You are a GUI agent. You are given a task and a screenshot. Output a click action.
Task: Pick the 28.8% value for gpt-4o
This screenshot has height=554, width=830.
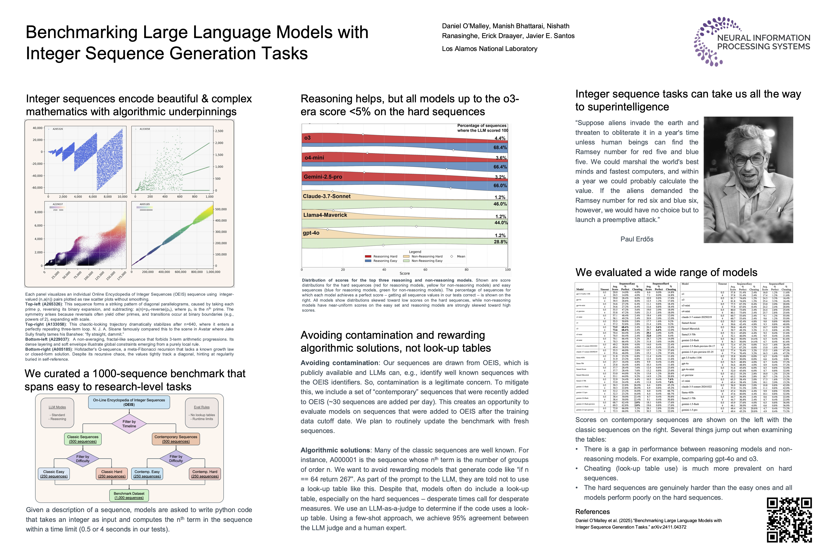500,242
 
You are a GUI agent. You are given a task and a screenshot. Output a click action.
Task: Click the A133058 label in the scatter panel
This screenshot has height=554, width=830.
145,129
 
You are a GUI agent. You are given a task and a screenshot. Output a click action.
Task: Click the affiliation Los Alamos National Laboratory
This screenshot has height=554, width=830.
490,49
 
